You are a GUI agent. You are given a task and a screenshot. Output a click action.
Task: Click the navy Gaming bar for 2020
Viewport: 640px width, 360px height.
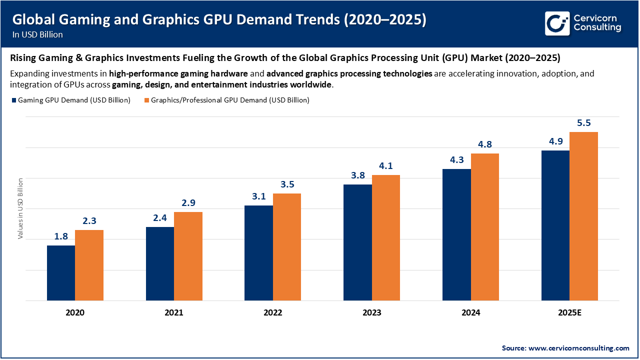point(61,273)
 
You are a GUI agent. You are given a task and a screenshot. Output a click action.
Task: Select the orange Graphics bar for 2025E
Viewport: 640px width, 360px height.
point(583,216)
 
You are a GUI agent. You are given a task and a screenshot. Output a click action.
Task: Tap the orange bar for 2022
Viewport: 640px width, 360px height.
point(286,247)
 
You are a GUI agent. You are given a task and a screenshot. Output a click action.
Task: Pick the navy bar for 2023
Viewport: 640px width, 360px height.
point(357,242)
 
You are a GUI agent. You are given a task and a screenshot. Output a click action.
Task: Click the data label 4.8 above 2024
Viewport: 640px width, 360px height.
point(485,144)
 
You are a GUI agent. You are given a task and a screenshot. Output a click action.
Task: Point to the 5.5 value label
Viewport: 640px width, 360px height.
point(584,123)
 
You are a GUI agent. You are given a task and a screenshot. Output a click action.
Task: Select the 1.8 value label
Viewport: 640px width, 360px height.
point(61,236)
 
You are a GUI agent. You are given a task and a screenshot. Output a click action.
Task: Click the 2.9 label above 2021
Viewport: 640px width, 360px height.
point(188,203)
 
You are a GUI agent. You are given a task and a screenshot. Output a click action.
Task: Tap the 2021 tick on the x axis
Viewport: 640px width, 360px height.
point(173,313)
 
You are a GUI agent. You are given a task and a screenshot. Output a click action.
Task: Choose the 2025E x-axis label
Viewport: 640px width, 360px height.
point(569,313)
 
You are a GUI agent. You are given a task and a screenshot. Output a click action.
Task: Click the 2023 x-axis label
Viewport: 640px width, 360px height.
point(371,313)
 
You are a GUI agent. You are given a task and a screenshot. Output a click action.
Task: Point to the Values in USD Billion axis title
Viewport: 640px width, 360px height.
point(20,208)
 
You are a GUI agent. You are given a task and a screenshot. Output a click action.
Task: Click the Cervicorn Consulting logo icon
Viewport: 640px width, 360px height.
point(557,23)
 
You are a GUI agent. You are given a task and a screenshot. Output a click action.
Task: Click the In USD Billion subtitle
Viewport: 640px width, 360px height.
point(38,34)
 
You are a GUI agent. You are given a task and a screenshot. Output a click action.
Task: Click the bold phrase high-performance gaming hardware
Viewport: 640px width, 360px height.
point(178,73)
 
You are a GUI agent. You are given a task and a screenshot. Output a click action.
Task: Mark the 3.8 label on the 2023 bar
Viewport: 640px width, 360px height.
point(357,175)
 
